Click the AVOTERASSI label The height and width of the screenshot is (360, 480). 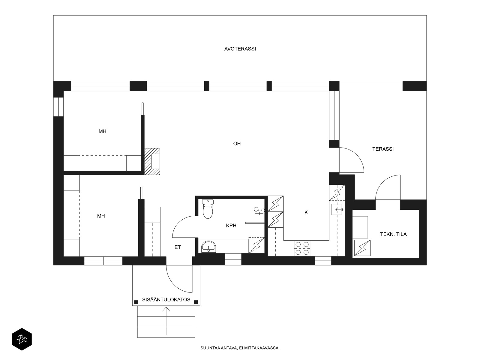tap(240, 49)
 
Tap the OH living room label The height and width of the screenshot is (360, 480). tap(237, 144)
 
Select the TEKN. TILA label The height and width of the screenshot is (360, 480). tap(393, 234)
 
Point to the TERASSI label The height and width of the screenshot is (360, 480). tap(383, 149)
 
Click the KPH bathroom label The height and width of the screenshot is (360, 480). tap(231, 226)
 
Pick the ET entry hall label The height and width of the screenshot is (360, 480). tap(178, 247)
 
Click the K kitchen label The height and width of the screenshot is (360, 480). tap(306, 212)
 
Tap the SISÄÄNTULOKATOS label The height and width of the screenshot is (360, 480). tap(166, 299)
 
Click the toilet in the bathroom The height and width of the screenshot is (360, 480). tap(208, 209)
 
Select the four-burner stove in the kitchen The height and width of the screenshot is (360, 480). tap(302, 248)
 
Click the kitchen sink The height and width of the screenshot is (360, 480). tap(337, 209)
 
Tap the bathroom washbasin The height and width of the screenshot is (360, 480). tap(208, 246)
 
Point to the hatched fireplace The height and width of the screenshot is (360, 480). tap(152, 161)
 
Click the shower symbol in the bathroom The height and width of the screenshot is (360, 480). tap(259, 211)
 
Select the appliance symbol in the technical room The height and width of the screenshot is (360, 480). tap(362, 248)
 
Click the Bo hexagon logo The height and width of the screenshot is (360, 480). tap(22, 339)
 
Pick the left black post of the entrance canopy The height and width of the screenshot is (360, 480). tap(136, 302)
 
